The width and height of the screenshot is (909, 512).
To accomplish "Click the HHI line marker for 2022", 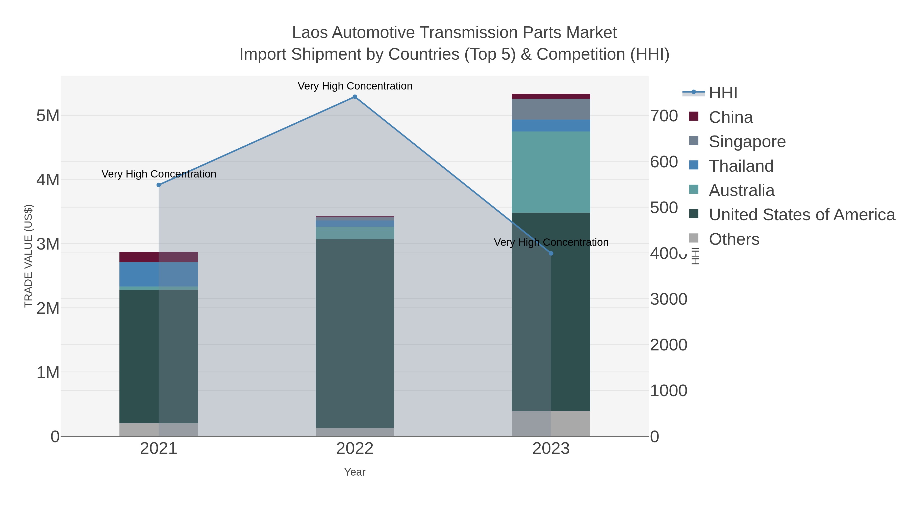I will point(355,97).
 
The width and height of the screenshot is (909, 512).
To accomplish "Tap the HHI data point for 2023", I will point(551,253).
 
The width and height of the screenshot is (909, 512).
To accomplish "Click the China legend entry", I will point(730,117).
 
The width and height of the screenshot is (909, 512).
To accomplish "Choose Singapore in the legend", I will point(747,142).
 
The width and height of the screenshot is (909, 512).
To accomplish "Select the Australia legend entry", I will point(741,190).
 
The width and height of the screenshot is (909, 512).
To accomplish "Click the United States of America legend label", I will point(802,215).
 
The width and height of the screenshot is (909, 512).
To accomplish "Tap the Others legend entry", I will point(734,239).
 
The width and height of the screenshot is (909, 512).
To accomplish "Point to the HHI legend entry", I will point(723,93).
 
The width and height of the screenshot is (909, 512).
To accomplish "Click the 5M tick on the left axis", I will point(48,116).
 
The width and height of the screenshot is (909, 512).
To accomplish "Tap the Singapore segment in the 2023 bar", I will point(551,109).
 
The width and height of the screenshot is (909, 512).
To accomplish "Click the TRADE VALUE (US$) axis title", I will point(29,256).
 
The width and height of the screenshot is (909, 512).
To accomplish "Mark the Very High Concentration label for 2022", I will point(355,86).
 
